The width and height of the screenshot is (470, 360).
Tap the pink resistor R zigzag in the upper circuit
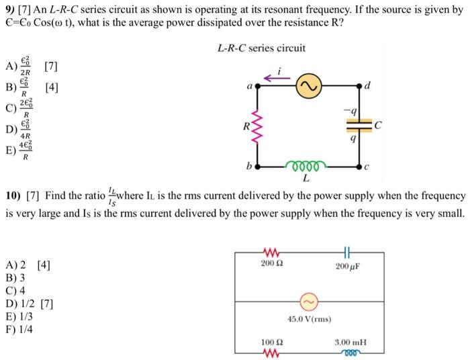tap(254, 126)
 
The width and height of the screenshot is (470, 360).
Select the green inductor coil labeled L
tap(305, 165)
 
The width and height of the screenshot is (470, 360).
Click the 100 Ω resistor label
tap(271, 343)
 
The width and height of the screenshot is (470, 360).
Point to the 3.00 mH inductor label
tap(349, 343)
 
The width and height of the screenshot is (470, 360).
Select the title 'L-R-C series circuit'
tap(262, 48)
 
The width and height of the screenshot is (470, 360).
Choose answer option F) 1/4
tap(19, 329)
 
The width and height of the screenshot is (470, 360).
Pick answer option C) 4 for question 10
tap(15, 290)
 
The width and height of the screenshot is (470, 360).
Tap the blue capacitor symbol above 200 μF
tap(346, 252)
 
